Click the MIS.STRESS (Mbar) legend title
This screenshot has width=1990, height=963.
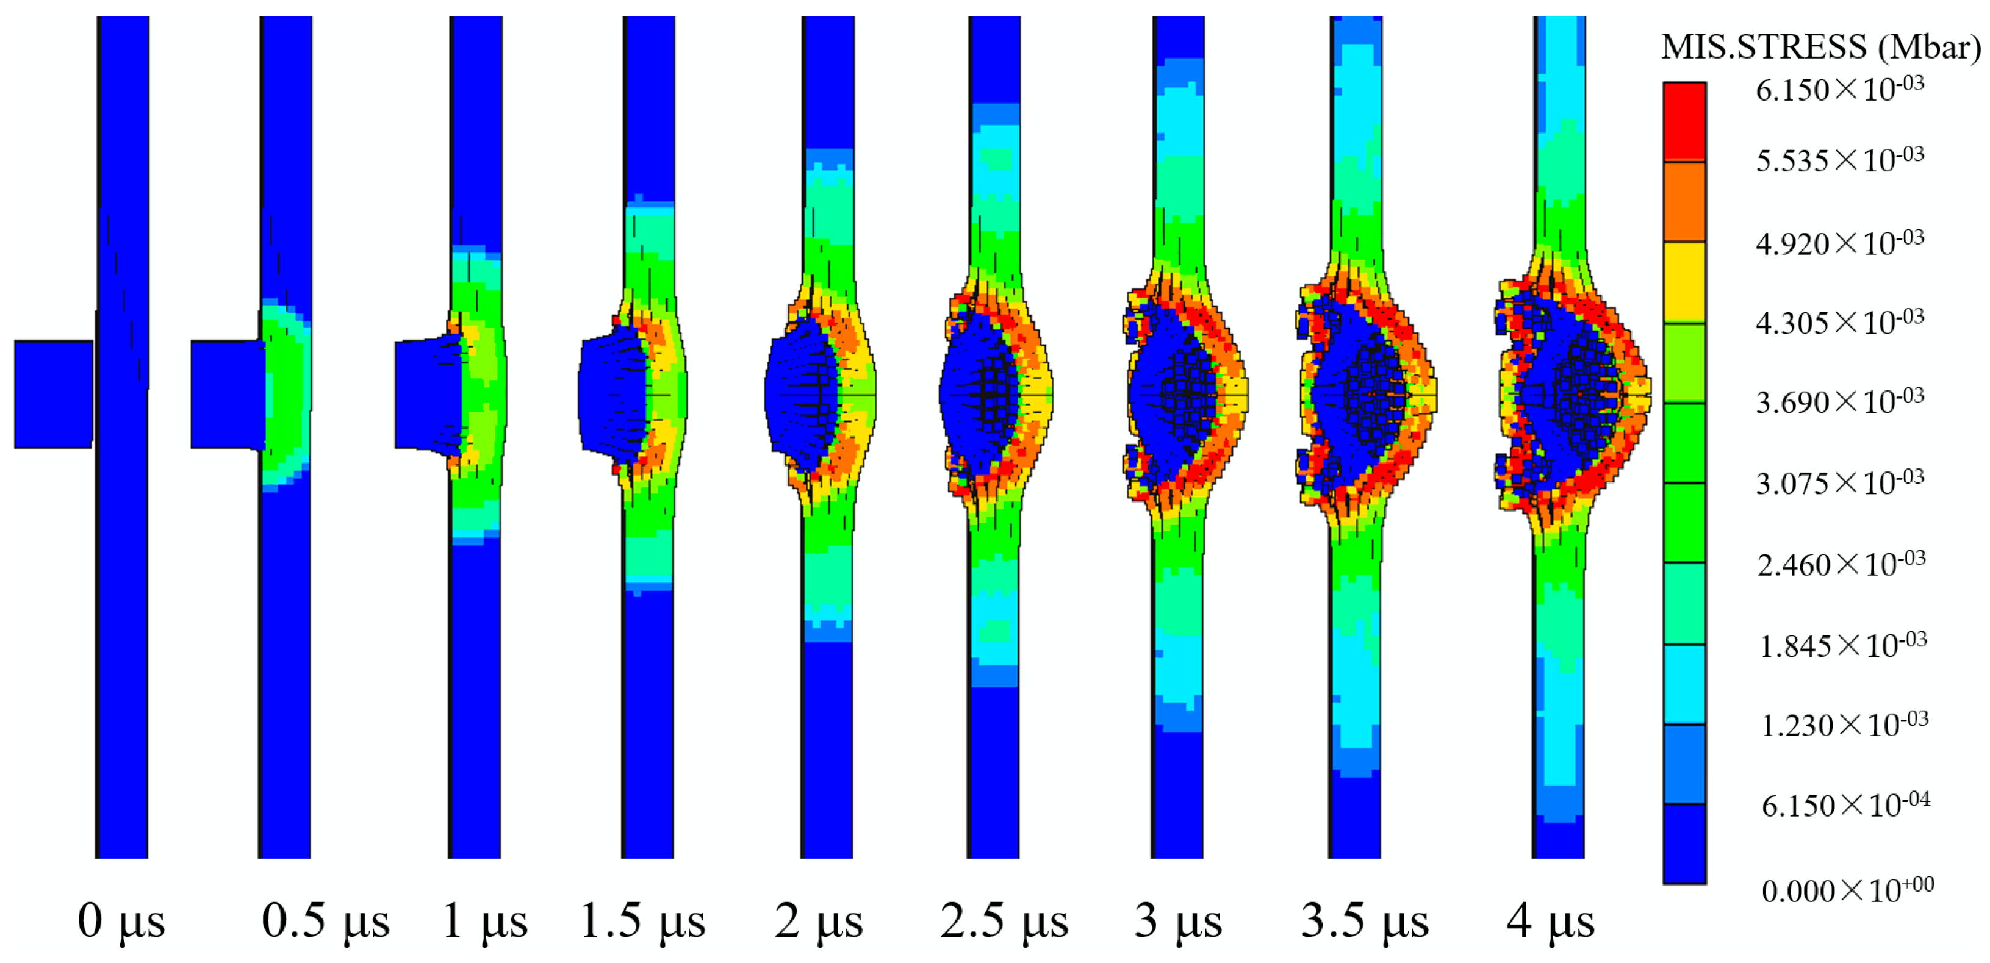coord(1821,47)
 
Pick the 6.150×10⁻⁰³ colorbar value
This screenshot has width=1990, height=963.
coord(1839,90)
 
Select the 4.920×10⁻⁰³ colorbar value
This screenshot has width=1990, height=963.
coord(1839,243)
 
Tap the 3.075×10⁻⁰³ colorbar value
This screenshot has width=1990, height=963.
coord(1840,482)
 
